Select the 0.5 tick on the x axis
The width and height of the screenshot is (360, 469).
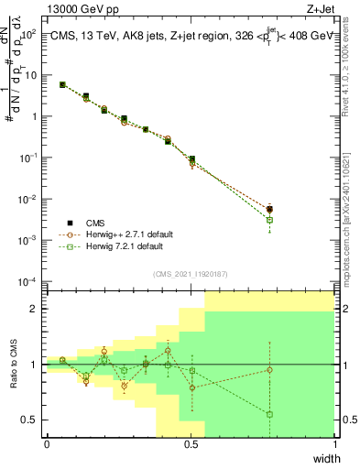pyautogui.click(x=191, y=444)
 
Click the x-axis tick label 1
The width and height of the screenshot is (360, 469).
pyautogui.click(x=334, y=444)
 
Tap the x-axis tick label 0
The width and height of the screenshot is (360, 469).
pyautogui.click(x=47, y=444)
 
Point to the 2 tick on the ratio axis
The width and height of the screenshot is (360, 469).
pyautogui.click(x=38, y=309)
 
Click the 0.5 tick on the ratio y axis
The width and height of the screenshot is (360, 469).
pyautogui.click(x=33, y=420)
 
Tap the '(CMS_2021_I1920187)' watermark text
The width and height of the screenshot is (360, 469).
pyautogui.click(x=191, y=274)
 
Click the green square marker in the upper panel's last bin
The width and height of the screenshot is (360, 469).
pyautogui.click(x=269, y=220)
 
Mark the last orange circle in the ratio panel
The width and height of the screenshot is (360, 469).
pyautogui.click(x=269, y=370)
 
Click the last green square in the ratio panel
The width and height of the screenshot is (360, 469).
pyautogui.click(x=269, y=414)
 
